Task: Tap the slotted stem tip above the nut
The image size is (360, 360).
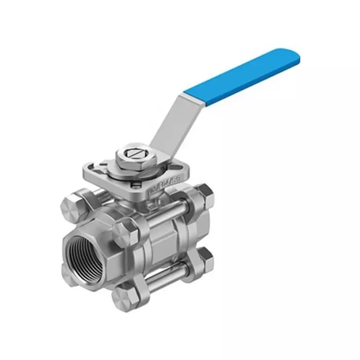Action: pos(133,153)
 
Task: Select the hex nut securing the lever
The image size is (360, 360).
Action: pos(133,159)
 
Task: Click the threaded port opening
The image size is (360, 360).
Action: pos(82,252)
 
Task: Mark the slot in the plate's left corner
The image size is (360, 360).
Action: pos(95,169)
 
